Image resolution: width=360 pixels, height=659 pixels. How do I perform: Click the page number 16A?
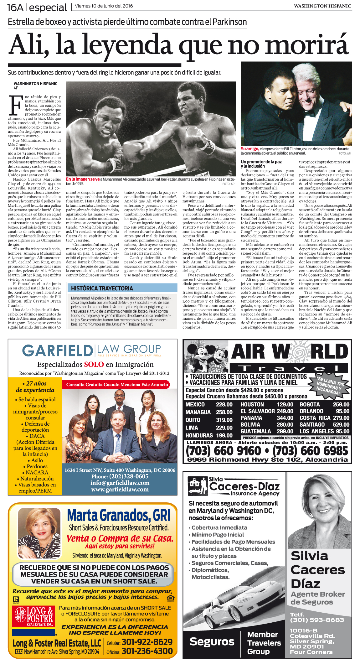[x=15, y=7]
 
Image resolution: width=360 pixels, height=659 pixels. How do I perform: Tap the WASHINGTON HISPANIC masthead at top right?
[x=322, y=6]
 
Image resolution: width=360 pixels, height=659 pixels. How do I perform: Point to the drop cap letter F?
[x=15, y=106]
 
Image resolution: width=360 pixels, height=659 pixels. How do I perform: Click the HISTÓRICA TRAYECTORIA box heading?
[x=102, y=288]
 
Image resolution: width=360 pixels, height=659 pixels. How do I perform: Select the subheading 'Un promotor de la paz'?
[x=261, y=162]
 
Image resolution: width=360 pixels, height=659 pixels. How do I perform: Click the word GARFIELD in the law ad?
[x=57, y=350]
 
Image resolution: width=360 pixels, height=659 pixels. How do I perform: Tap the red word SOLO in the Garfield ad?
[x=94, y=364]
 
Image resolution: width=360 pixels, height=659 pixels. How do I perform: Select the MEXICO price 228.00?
[x=224, y=405]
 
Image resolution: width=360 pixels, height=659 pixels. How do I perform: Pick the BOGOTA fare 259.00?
[x=341, y=405]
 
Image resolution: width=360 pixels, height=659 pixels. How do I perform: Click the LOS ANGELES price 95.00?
[x=342, y=431]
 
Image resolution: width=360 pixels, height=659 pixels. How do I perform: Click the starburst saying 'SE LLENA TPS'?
[x=329, y=385]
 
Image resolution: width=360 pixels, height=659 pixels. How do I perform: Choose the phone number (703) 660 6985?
[x=310, y=451]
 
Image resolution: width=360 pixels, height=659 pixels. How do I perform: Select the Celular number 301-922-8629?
[x=147, y=642]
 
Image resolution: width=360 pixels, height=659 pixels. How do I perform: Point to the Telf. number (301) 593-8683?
[x=316, y=620]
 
